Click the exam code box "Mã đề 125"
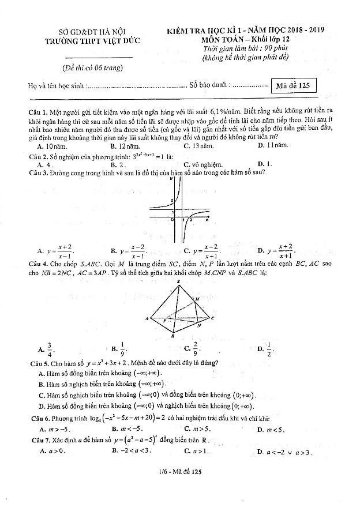pos(293,86)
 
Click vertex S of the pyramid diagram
pos(178,282)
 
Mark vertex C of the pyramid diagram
pos(212,318)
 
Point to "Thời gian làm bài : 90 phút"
pos(237,48)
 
